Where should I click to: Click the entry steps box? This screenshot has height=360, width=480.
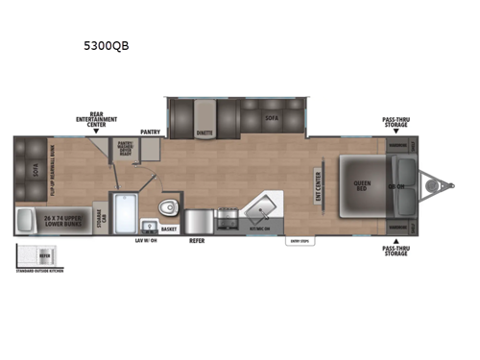299,241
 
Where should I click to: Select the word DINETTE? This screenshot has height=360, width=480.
204,133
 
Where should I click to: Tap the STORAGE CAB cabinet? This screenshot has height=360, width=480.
100,214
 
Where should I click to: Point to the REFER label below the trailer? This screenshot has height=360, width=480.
197,241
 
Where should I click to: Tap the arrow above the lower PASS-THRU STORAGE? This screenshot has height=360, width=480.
396,239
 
